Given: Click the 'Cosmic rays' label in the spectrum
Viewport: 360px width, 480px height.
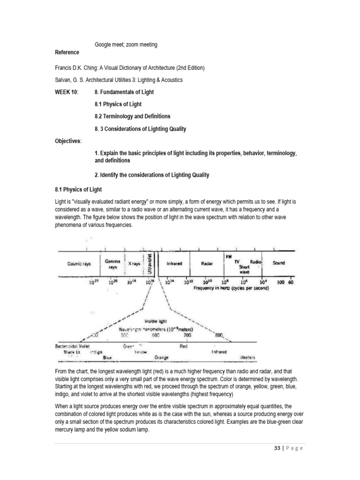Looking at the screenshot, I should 78,263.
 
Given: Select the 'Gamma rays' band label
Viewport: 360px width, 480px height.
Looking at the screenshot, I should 112,264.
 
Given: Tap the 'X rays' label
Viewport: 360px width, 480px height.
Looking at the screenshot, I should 135,264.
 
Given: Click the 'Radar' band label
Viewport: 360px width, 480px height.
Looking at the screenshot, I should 207,264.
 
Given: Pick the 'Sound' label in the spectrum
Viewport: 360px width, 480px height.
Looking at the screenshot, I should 278,263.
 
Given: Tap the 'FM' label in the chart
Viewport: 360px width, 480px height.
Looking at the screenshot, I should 229,256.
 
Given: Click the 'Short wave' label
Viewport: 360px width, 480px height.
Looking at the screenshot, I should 245,269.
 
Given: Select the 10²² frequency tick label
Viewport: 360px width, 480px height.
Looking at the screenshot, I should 93,282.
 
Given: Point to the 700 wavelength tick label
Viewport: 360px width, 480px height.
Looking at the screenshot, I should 187,335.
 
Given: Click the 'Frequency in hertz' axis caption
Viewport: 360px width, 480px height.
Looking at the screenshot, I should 232,289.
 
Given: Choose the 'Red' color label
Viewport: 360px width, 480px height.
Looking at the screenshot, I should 184,346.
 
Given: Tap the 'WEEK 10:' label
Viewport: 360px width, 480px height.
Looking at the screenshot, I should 67,92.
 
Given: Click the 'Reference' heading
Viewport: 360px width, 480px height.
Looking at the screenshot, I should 67,52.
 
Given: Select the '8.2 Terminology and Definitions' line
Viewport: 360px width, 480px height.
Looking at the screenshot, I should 133,116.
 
